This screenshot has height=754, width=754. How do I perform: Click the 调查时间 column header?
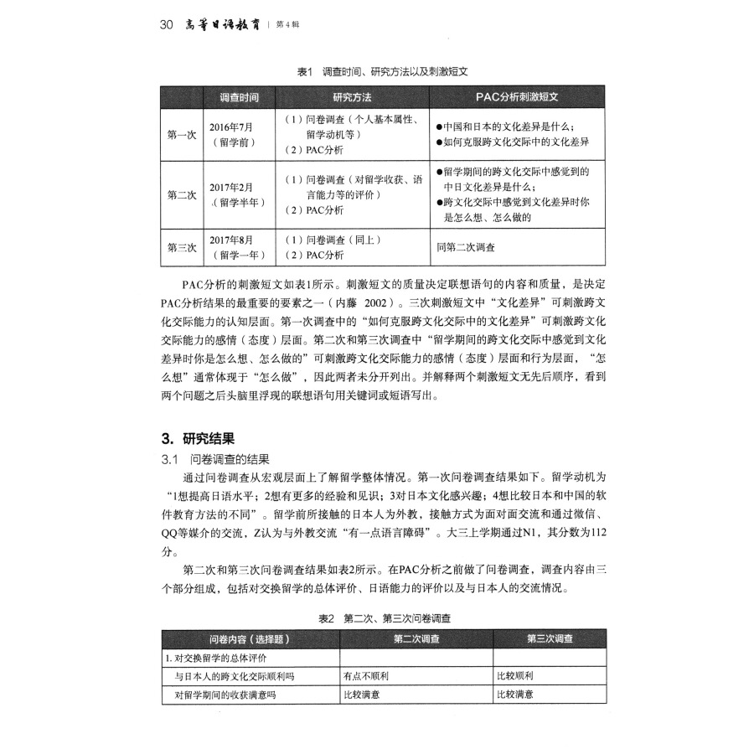coord(239,97)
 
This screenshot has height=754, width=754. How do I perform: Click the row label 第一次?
coord(182,135)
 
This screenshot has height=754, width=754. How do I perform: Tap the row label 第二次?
coord(182,195)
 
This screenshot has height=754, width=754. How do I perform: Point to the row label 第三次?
coord(182,247)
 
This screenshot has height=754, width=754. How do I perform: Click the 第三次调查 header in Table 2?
coord(550,638)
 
